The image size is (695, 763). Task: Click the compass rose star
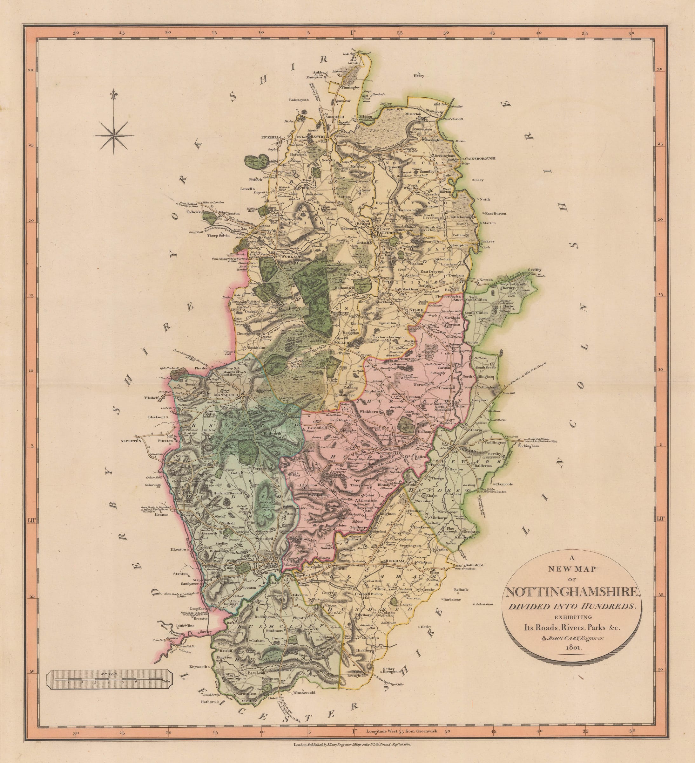113,136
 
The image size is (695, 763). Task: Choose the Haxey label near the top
419,75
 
